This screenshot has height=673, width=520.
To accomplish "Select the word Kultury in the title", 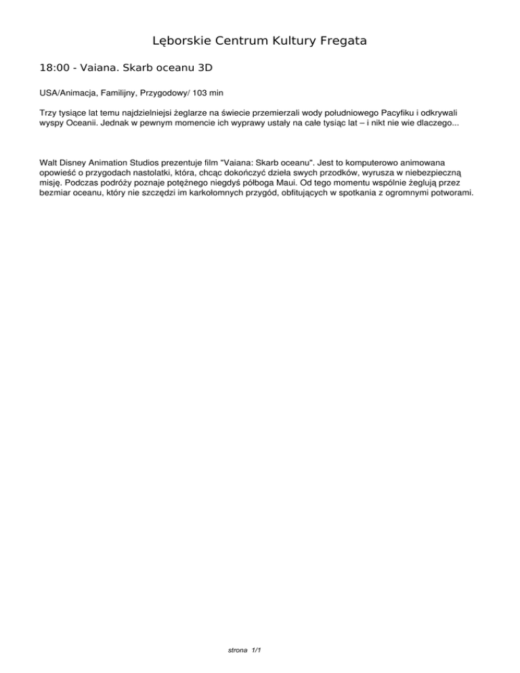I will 286,41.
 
